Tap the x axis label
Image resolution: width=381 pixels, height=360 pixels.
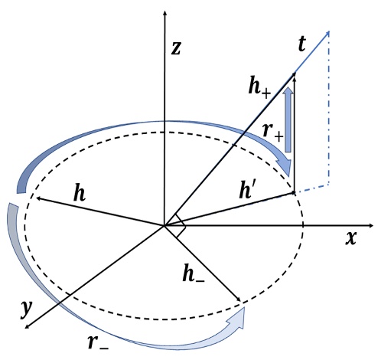(x=351, y=237)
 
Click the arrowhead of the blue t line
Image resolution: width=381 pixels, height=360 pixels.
(x=329, y=32)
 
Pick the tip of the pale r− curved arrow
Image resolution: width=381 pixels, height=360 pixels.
(x=246, y=310)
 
